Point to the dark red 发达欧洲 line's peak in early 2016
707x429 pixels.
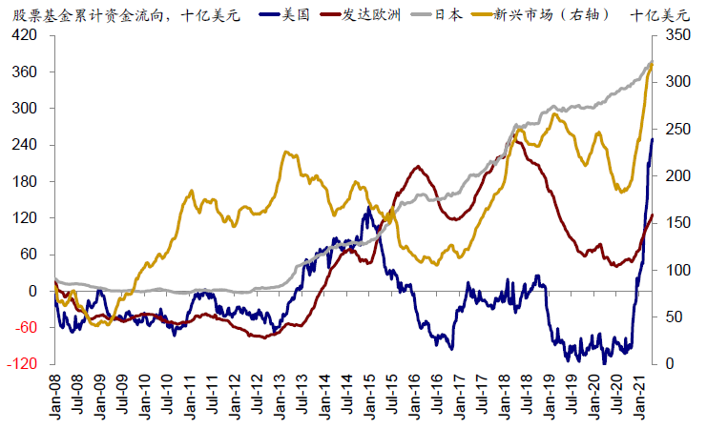coord(418,167)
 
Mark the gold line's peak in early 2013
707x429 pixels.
coord(287,152)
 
